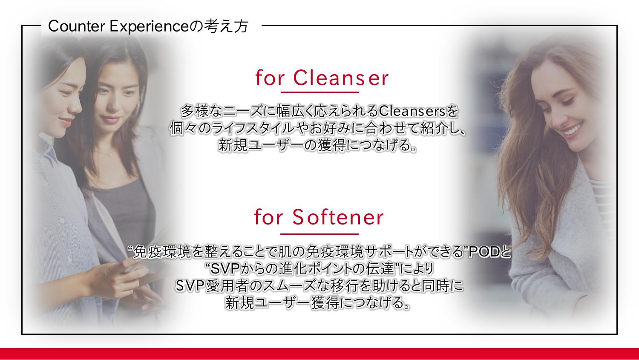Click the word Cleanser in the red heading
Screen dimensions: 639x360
point(341,78)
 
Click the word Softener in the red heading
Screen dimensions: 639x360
point(338,217)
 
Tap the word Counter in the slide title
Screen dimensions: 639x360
point(77,26)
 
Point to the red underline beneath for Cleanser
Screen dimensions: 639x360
point(320,92)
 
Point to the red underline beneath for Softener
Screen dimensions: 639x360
point(319,234)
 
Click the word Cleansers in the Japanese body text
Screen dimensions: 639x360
point(412,111)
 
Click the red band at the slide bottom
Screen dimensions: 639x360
point(319,354)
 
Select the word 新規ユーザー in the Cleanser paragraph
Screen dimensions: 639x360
point(261,145)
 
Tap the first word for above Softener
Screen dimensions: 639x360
point(268,217)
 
